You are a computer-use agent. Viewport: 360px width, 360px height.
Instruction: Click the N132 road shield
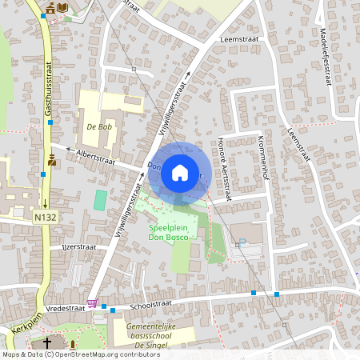point(45,217)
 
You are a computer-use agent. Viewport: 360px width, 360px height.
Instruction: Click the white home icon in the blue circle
point(180,171)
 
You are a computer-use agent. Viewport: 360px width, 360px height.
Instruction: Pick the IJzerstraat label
point(78,247)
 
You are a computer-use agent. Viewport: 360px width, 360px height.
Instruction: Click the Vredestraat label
point(66,307)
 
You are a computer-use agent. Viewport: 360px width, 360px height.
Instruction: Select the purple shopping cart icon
point(93,303)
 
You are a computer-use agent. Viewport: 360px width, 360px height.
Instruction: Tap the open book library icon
point(62,7)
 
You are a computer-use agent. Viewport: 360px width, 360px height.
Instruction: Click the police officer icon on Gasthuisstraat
point(52,158)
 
